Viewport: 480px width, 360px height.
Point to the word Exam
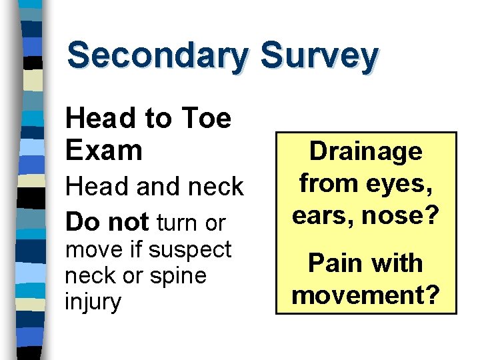[x=104, y=150]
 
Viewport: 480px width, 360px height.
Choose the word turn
[x=178, y=223]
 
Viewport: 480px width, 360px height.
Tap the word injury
[x=93, y=302]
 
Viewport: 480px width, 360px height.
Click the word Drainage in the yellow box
[x=366, y=151]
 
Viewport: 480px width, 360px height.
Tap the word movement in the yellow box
[x=366, y=293]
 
